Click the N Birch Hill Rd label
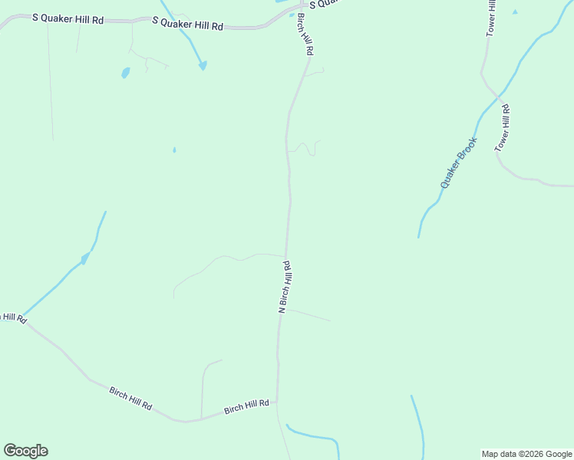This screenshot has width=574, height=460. tap(285, 287)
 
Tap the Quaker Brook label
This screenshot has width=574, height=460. tap(459, 163)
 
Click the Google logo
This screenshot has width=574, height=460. tap(25, 451)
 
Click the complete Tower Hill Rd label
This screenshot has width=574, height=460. tap(503, 128)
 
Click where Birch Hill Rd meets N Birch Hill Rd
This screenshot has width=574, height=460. tap(276, 401)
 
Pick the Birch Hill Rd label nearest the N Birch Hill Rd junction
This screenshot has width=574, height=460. tap(246, 406)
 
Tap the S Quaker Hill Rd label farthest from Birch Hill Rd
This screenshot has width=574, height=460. tap(68, 19)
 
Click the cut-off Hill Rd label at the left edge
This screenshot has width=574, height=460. tap(13, 317)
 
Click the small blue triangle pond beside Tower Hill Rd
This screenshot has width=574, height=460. tap(514, 11)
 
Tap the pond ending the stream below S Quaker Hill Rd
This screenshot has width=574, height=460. tap(203, 66)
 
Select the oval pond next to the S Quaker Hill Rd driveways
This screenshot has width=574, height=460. tap(125, 73)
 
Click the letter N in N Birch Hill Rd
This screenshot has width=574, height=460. tap(282, 310)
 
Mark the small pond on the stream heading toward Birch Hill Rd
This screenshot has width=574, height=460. tap(84, 258)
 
